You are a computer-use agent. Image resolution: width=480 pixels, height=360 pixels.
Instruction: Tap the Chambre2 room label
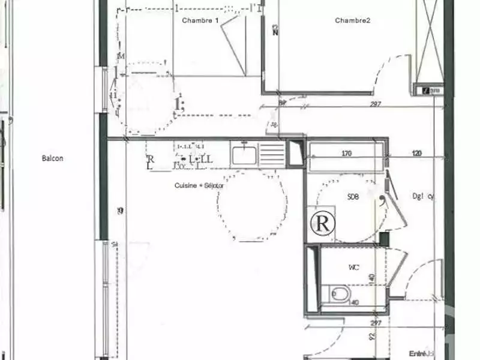352,20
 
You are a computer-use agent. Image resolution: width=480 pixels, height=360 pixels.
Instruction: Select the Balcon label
53,158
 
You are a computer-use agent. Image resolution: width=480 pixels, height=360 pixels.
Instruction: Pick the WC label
353,268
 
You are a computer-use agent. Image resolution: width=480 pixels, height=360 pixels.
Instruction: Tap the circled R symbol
322,224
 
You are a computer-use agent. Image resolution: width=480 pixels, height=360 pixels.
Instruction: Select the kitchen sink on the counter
245,154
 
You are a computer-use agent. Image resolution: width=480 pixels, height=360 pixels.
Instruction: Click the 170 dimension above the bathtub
346,154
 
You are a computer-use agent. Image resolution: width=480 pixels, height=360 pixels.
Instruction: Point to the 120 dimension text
417,154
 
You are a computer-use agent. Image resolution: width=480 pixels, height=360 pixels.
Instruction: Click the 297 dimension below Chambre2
376,104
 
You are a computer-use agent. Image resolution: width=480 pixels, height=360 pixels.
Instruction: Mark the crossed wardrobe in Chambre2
430,42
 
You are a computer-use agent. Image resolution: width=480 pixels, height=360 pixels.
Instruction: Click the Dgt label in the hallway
422,196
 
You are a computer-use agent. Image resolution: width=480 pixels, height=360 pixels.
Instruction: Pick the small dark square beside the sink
296,152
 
